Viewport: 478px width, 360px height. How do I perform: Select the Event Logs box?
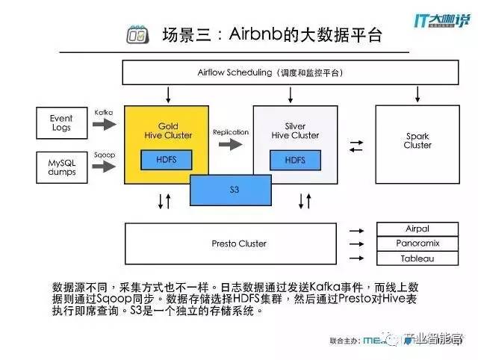[61, 122]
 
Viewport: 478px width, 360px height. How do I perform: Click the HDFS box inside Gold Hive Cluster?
[167, 160]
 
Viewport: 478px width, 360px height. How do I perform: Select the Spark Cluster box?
[418, 140]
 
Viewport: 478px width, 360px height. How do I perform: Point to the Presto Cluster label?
[239, 243]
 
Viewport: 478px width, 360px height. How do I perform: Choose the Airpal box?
[417, 229]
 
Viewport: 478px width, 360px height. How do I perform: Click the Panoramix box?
[417, 243]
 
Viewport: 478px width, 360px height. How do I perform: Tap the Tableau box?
[417, 258]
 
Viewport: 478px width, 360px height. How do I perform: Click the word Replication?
[230, 132]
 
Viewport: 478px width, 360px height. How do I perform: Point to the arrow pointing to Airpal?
[356, 229]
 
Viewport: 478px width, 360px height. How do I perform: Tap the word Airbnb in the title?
[258, 34]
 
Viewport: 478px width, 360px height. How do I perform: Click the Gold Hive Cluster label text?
[167, 131]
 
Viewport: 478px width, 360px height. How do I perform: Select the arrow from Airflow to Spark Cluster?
[417, 95]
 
